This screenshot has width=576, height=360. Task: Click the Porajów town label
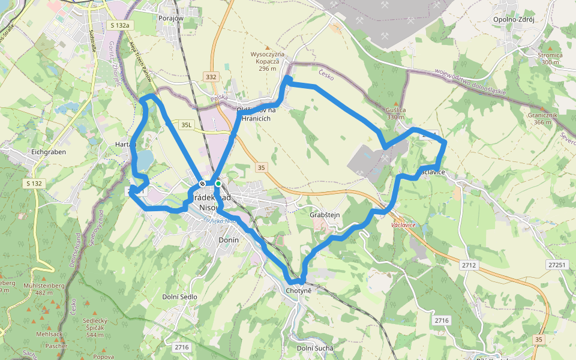point(171,18)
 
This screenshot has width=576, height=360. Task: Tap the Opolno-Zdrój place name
point(513,19)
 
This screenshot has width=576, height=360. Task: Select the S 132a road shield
point(120,25)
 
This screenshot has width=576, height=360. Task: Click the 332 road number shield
point(211,77)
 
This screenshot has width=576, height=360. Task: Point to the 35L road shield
point(187,125)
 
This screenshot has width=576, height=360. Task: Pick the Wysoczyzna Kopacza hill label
point(268,61)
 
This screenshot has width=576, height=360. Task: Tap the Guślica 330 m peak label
point(396,113)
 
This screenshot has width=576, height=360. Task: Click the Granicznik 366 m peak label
point(539,118)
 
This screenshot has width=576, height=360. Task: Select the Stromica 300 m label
point(550,58)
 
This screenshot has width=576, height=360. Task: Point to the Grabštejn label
point(325,215)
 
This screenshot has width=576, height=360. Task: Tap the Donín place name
point(229,240)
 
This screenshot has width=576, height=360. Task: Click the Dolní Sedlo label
point(180,297)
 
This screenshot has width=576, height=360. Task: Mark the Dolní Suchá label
point(315,348)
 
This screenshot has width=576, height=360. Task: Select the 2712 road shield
point(469,265)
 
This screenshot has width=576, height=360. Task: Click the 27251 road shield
point(557,265)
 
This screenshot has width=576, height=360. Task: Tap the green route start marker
point(218,184)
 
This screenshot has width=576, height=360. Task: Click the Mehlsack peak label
point(48,334)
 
